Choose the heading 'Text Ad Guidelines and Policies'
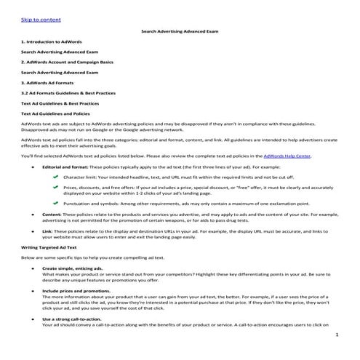tap(56, 113)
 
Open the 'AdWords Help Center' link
tap(298, 156)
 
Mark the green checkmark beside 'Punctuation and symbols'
tap(55, 204)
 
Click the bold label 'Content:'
tap(53, 215)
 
